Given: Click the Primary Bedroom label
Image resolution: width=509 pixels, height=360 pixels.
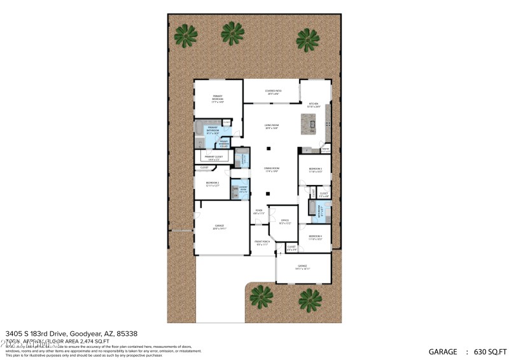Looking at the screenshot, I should coord(218,99).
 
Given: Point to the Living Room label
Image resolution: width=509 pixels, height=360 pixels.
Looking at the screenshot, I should coord(272,127).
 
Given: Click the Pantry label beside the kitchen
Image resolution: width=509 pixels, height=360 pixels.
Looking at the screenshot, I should coord(325,151).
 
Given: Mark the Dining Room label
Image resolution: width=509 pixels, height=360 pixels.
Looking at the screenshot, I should coord(272,170).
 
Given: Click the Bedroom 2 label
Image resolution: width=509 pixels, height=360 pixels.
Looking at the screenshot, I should coord(212,184).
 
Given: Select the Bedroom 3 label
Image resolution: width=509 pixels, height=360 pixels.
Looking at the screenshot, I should coord(316,170).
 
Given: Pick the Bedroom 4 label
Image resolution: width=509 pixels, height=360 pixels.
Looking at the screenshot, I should coord(316,237).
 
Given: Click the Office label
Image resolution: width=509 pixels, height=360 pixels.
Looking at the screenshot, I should coord(285,221).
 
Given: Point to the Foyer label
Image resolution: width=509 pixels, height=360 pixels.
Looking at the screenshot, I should coord(259,212).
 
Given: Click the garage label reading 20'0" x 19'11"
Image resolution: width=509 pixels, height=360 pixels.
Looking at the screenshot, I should coord(220,227).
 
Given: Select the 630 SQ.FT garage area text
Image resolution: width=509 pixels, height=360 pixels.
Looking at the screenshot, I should coord(487,351).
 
